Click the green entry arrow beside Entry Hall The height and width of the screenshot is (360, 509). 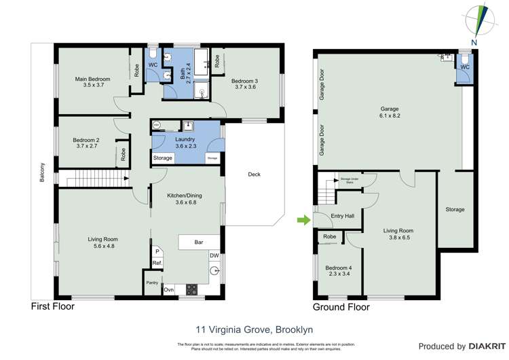click(x=303, y=219)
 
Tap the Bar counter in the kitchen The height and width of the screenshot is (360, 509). click(x=198, y=242)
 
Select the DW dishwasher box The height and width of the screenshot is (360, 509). click(x=214, y=256)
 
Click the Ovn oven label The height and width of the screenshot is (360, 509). click(x=168, y=289)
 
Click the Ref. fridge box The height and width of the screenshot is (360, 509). click(x=156, y=263)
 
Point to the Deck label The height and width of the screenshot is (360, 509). click(x=254, y=175)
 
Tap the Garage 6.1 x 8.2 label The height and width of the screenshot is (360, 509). click(x=389, y=113)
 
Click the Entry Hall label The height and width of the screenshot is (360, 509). click(x=342, y=217)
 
